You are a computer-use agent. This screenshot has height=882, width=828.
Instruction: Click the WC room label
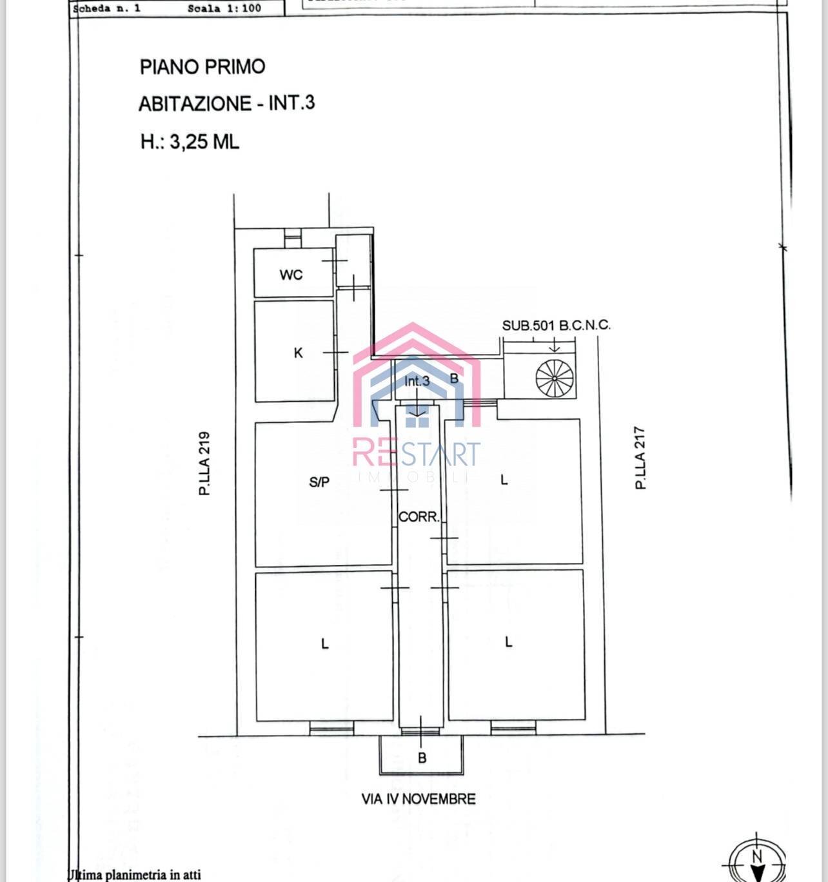[x=291, y=275]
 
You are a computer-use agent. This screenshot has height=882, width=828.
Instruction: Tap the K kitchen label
[x=298, y=353]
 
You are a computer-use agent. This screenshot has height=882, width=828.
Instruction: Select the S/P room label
[x=319, y=482]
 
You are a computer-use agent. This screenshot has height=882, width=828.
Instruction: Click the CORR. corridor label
[x=419, y=517]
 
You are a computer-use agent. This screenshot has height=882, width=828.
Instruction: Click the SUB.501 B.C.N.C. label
[x=556, y=325]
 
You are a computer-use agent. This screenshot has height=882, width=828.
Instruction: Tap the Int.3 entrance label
[x=417, y=381]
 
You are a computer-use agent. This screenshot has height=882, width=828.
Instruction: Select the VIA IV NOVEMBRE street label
[x=419, y=799]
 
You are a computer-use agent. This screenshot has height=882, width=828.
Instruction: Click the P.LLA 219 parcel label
[x=204, y=463]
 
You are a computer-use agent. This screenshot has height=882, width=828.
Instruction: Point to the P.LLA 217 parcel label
[x=640, y=458]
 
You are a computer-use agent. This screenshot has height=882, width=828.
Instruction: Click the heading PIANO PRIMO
[x=202, y=67]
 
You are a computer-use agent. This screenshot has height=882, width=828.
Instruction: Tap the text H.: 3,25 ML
[x=190, y=142]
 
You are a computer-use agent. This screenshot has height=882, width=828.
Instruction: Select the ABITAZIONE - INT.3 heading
[x=226, y=104]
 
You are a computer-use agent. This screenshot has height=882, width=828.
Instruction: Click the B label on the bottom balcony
[x=422, y=758]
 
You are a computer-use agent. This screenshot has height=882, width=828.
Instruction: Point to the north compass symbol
[x=758, y=861]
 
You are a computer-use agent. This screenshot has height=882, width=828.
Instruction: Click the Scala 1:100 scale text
[x=224, y=9]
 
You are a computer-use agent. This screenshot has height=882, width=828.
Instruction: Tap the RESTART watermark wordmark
[x=417, y=453]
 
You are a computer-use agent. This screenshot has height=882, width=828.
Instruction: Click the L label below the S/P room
[x=325, y=643]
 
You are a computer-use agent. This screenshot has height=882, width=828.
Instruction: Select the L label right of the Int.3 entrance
[x=504, y=480]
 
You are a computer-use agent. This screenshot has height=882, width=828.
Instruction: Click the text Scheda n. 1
[x=107, y=9]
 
